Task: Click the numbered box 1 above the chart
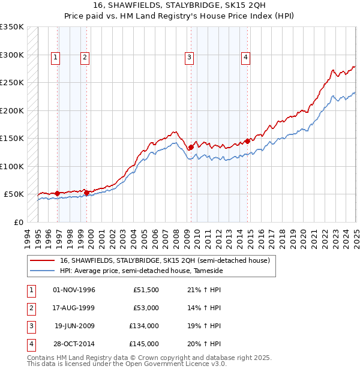tap(55, 58)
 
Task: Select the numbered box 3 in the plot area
tap(189, 58)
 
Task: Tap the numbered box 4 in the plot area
tap(246, 58)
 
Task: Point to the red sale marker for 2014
tap(247, 141)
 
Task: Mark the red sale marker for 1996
tap(57, 193)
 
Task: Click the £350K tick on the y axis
tap(12, 27)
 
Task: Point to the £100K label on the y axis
tap(12, 166)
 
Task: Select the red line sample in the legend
tap(42, 261)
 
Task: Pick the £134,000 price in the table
tap(144, 326)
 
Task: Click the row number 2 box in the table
tap(30, 308)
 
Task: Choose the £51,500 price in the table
tap(146, 290)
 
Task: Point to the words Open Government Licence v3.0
tap(180, 364)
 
